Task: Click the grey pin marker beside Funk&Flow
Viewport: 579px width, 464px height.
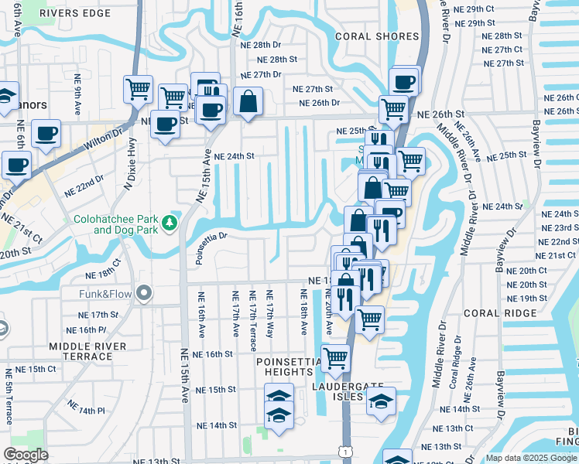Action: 142,293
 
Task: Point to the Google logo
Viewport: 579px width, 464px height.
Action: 26,455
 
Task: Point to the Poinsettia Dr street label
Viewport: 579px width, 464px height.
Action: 211,247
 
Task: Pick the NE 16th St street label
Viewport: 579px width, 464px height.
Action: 214,354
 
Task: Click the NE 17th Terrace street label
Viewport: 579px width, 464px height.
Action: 252,313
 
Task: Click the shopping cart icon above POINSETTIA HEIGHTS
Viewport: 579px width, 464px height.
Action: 335,357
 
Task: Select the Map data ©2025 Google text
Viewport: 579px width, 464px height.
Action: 531,458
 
